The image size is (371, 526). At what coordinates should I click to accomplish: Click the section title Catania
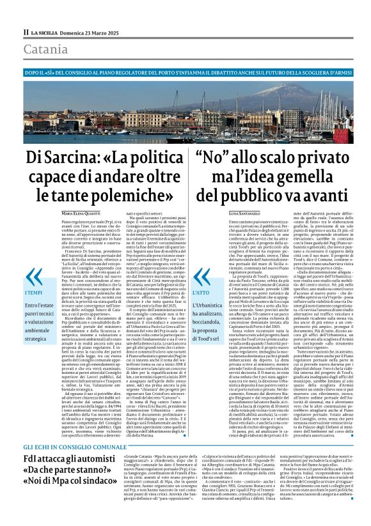point(45,49)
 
